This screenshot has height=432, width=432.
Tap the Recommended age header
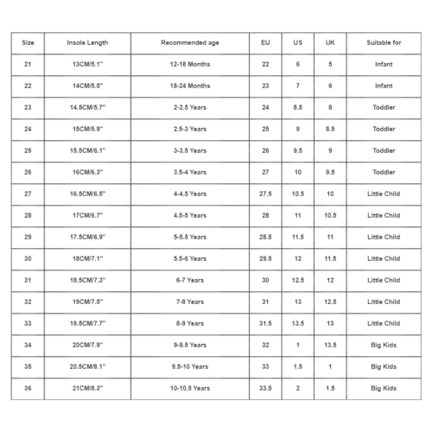[189, 42]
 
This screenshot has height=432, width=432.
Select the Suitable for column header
[384, 42]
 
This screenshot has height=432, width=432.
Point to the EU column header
[264, 42]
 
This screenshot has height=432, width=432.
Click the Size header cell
[28, 42]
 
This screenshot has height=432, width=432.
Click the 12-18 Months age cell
[189, 65]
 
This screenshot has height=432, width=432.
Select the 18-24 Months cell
[189, 86]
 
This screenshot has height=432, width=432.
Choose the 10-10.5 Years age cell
[189, 389]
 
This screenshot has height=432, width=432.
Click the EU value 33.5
[264, 389]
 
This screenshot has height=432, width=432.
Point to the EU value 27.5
[264, 194]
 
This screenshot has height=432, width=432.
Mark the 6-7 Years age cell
[189, 281]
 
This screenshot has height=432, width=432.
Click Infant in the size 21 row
[384, 65]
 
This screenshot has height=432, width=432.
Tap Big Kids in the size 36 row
[384, 389]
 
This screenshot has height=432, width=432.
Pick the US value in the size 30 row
[297, 259]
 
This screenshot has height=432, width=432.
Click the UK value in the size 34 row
[330, 346]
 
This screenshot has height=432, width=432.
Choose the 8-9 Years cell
[189, 324]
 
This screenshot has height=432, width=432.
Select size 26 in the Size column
[28, 173]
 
